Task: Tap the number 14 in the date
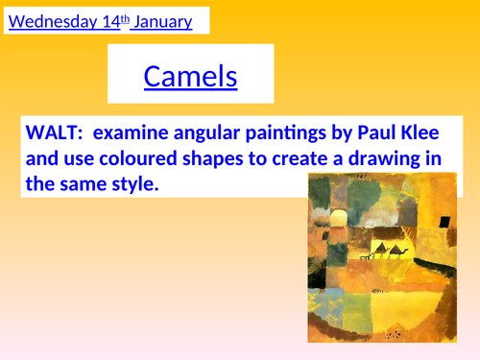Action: tap(113, 21)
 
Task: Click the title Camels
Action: tap(191, 76)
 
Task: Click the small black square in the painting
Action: tap(445, 222)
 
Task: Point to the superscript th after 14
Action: tap(129, 17)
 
